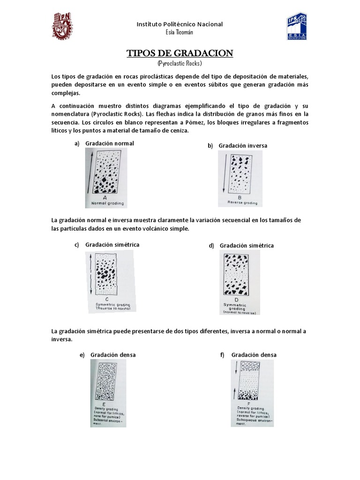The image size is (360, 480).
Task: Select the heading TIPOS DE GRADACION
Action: coord(180,53)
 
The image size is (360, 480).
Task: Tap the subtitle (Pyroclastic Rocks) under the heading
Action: coord(180,63)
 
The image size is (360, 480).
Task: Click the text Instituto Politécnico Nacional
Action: coord(180,24)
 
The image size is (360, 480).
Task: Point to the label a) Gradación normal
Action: coord(104,143)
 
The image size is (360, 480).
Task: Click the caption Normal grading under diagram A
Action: coord(105,204)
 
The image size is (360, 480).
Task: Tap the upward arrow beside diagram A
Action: coord(88,171)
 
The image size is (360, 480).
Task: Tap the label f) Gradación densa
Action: coord(248,355)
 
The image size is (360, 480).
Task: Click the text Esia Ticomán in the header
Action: coord(180,31)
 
